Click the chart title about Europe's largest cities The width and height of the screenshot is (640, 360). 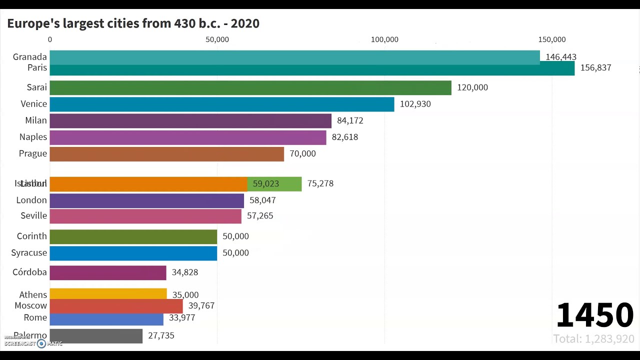click(133, 23)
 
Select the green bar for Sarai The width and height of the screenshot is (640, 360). click(250, 87)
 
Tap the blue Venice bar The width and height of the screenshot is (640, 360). click(221, 104)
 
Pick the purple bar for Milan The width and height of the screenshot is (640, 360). click(190, 120)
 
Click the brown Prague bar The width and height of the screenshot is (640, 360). click(166, 153)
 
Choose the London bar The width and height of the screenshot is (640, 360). click(146, 200)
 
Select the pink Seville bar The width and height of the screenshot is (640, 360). click(145, 216)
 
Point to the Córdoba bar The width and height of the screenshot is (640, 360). click(107, 272)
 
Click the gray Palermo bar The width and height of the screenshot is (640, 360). click(96, 336)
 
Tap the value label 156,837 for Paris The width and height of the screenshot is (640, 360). click(595, 68)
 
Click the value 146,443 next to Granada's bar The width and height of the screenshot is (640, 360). click(560, 57)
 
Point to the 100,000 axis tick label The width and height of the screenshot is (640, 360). click(384, 39)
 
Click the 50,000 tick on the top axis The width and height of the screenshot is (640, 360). click(217, 39)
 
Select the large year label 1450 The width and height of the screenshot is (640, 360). click(594, 315)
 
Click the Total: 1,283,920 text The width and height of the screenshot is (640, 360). click(593, 339)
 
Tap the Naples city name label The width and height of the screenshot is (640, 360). click(33, 137)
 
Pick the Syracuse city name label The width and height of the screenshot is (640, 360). click(29, 253)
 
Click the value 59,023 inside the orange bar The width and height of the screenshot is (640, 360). click(265, 183)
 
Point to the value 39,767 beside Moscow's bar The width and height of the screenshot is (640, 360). click(201, 305)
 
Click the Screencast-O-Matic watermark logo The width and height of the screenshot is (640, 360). click(33, 343)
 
